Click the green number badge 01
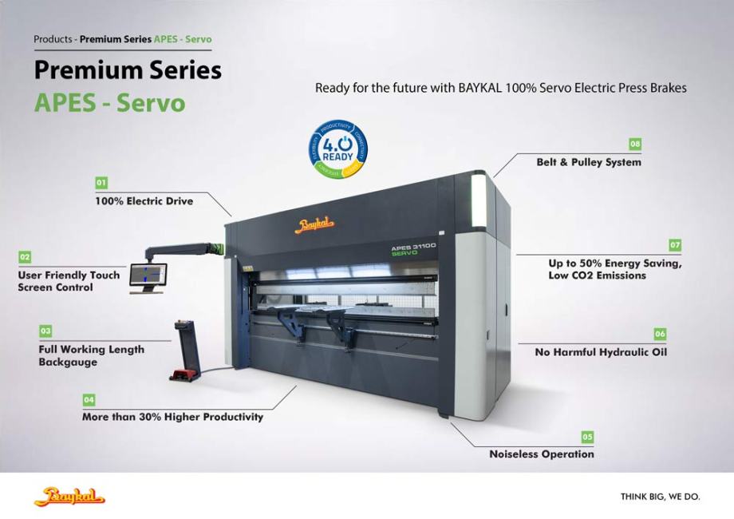(101, 183)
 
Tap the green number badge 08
(635, 144)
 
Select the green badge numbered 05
(587, 437)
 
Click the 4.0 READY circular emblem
(338, 148)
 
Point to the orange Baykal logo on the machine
(315, 225)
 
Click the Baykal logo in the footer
(69, 497)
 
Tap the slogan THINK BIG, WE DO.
(660, 497)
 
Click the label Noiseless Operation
(541, 454)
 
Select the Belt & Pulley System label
(588, 162)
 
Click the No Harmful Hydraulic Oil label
(601, 352)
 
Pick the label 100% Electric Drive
(144, 201)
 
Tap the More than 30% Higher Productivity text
(172, 417)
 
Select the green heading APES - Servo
(109, 103)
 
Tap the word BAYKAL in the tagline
(483, 88)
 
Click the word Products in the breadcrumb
(53, 39)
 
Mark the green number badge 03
(45, 331)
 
